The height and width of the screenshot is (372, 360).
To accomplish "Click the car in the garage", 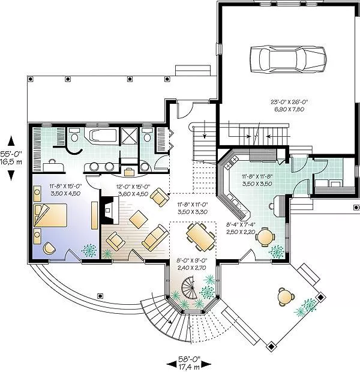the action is click(288, 59).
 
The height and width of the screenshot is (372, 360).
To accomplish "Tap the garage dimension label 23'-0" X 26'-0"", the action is click(289, 102).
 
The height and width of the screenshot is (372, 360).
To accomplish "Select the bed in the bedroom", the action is click(50, 215).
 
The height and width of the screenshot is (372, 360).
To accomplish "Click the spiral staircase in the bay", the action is click(190, 288).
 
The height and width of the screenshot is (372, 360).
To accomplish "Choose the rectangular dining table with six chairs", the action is click(200, 237).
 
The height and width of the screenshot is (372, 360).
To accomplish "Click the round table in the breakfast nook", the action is click(265, 236).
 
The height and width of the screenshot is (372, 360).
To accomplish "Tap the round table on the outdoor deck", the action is click(286, 296).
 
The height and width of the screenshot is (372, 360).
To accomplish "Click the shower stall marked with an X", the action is click(129, 136).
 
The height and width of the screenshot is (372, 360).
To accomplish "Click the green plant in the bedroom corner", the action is click(89, 251).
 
